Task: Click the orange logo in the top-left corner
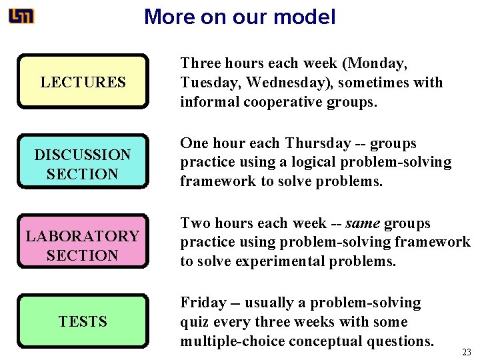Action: (x=21, y=16)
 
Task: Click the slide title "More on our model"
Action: (x=239, y=17)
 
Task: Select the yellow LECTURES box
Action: (x=83, y=82)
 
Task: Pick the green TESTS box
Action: (x=83, y=321)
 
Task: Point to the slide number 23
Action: (x=467, y=351)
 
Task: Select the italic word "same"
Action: (x=363, y=223)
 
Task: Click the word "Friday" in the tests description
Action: (x=203, y=303)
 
